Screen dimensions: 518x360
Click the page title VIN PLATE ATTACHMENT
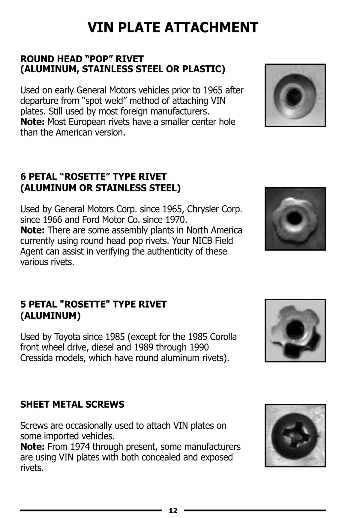pyautogui.click(x=173, y=28)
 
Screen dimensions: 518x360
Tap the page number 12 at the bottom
pyautogui.click(x=173, y=511)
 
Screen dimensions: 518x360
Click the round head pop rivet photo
pyautogui.click(x=295, y=95)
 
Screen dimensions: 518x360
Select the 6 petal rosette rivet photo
pyautogui.click(x=295, y=219)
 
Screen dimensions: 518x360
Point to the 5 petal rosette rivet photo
pyautogui.click(x=295, y=330)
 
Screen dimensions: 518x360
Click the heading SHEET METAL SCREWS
pyautogui.click(x=72, y=404)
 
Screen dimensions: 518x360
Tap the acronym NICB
pyautogui.click(x=193, y=241)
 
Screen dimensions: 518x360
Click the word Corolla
pyautogui.click(x=223, y=337)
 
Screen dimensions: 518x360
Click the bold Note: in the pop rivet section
pyautogui.click(x=32, y=122)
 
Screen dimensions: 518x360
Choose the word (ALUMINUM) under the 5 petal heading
pyautogui.click(x=50, y=316)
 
